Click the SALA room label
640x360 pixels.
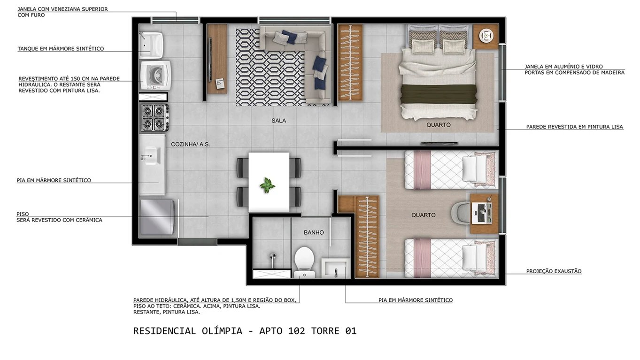point(278,121)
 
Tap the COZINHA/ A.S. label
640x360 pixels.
point(190,145)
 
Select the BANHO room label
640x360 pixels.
point(314,232)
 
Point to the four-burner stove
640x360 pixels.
point(154,117)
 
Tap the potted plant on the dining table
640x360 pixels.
point(268,185)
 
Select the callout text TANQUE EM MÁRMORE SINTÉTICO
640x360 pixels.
point(61,49)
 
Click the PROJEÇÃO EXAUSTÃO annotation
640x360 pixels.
point(554,271)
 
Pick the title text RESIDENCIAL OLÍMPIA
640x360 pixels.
point(187,331)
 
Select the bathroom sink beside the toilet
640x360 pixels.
point(334,268)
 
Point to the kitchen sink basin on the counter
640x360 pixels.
point(151,154)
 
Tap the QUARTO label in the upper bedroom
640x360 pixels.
point(439,125)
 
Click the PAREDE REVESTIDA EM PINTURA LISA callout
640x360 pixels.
point(574,127)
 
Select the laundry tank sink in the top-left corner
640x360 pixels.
point(151,43)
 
